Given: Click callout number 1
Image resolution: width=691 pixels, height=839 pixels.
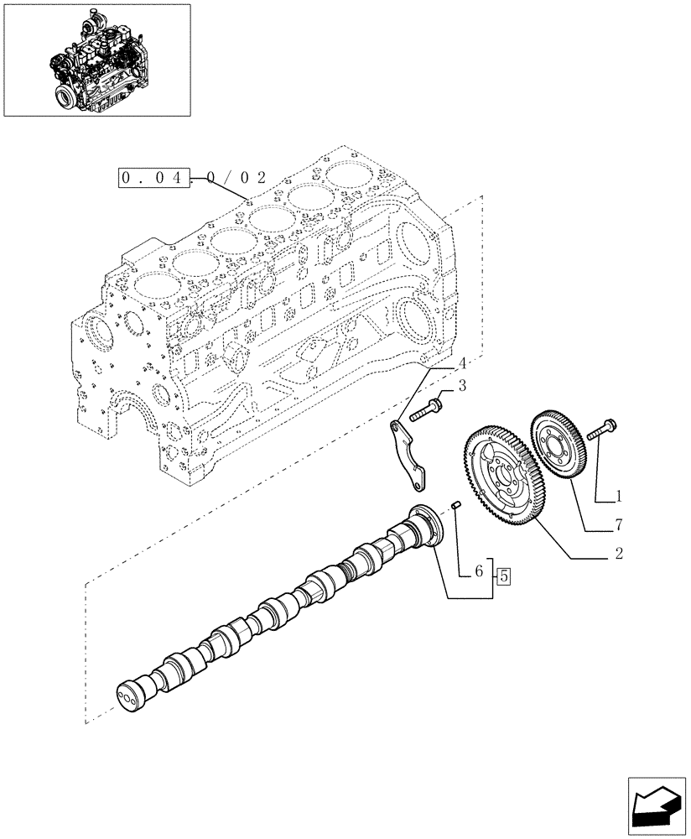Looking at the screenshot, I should coord(619,496).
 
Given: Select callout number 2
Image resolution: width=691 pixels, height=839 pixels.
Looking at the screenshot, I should coord(618,554).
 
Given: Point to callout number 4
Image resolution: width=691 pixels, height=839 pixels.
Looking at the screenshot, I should coord(461,364).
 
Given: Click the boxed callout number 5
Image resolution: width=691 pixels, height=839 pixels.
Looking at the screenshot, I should coord(503,576).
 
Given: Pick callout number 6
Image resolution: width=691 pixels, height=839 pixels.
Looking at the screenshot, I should coord(478,571).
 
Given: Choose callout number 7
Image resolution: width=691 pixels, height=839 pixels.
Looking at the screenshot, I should coord(618,525).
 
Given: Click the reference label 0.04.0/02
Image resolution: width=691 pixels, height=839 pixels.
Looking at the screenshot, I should coord(193,178).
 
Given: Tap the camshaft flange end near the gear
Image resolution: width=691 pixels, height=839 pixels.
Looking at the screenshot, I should coord(424,526).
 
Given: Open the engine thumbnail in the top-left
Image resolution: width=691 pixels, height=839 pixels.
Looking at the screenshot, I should coord(96,60).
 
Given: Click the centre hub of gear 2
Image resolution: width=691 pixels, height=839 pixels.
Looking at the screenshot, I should coord(503,478).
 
